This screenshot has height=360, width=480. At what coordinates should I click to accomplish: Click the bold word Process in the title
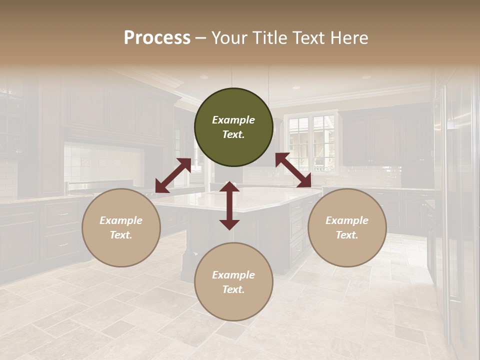(x=157, y=38)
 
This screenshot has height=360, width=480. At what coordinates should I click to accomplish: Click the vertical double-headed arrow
(x=229, y=205)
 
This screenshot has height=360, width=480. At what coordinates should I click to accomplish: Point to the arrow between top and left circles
(x=173, y=175)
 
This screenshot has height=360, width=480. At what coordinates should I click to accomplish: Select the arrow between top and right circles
(x=293, y=170)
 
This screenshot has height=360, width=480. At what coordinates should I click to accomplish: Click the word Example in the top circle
(x=233, y=120)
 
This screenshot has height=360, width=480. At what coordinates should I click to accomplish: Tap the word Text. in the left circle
(x=121, y=235)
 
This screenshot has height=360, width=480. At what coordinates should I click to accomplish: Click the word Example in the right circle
(x=347, y=220)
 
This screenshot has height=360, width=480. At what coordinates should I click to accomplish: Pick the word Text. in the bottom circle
(x=233, y=289)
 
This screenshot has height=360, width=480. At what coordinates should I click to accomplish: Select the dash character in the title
(x=201, y=38)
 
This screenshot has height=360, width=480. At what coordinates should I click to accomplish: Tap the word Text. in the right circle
(x=347, y=235)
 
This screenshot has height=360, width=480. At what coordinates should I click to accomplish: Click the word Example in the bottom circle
(x=233, y=275)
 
